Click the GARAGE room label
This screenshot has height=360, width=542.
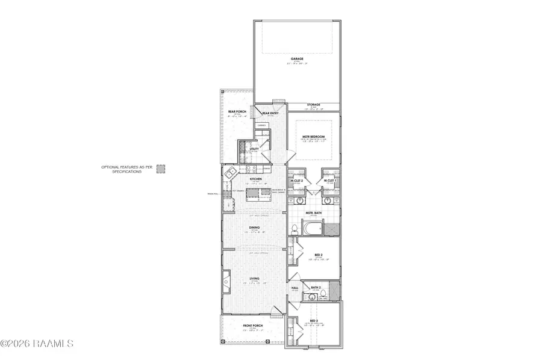click(x=296, y=59)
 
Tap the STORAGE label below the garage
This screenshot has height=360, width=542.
click(x=313, y=105)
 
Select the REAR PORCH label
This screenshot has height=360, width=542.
click(x=235, y=112)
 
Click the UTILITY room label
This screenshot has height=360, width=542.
click(x=254, y=149)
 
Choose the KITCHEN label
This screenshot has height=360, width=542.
click(x=254, y=178)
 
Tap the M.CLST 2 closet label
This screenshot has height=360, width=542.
click(x=296, y=181)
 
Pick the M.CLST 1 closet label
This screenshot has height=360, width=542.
click(x=329, y=181)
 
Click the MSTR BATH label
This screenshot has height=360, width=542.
click(x=313, y=213)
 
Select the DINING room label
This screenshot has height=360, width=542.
click(x=254, y=228)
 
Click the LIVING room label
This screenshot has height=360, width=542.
click(x=254, y=278)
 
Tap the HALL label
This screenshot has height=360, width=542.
click(x=295, y=288)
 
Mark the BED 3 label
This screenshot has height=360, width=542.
click(x=313, y=320)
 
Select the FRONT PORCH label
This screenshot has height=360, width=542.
click(x=251, y=326)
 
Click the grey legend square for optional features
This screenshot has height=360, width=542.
click(x=161, y=169)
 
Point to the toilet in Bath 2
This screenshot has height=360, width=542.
click(x=323, y=294)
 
